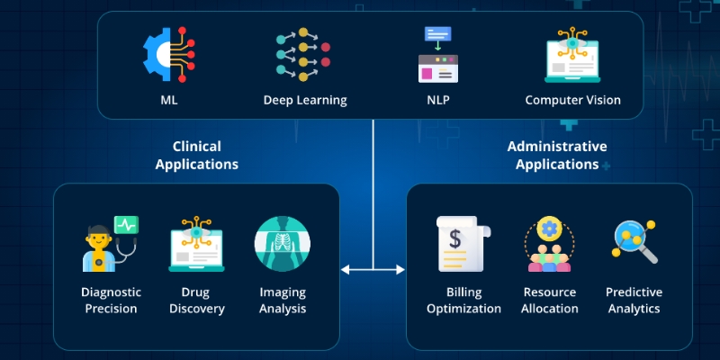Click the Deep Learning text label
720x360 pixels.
[304, 100]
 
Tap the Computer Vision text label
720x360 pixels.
[573, 100]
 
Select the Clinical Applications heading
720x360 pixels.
[197, 156]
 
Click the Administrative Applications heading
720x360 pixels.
[556, 156]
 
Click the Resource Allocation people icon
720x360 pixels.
[549, 244]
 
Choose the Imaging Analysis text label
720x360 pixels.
[283, 301]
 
